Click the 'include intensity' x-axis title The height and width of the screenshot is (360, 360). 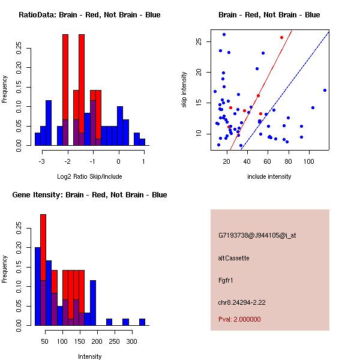(x=269, y=176)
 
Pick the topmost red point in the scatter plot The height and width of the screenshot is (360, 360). (x=281, y=37)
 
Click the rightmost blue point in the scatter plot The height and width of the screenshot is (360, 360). (x=325, y=90)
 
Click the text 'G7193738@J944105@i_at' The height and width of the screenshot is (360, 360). (x=257, y=235)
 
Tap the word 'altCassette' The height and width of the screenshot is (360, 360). (x=234, y=258)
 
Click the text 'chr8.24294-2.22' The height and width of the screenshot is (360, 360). (x=242, y=301)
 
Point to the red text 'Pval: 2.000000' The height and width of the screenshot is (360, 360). (x=239, y=319)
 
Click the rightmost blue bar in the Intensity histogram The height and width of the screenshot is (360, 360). (x=142, y=322)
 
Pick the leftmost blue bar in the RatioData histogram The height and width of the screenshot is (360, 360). (x=37, y=139)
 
